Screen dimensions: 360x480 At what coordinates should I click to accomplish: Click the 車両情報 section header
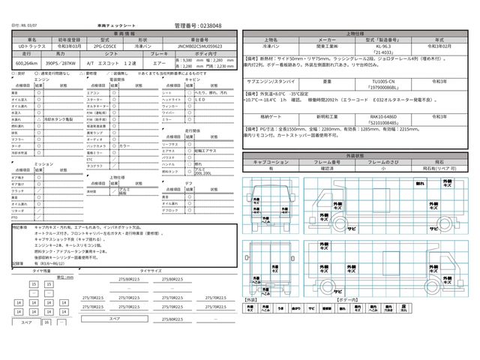[124, 34]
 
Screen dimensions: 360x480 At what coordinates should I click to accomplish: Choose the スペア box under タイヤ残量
[25, 321]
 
